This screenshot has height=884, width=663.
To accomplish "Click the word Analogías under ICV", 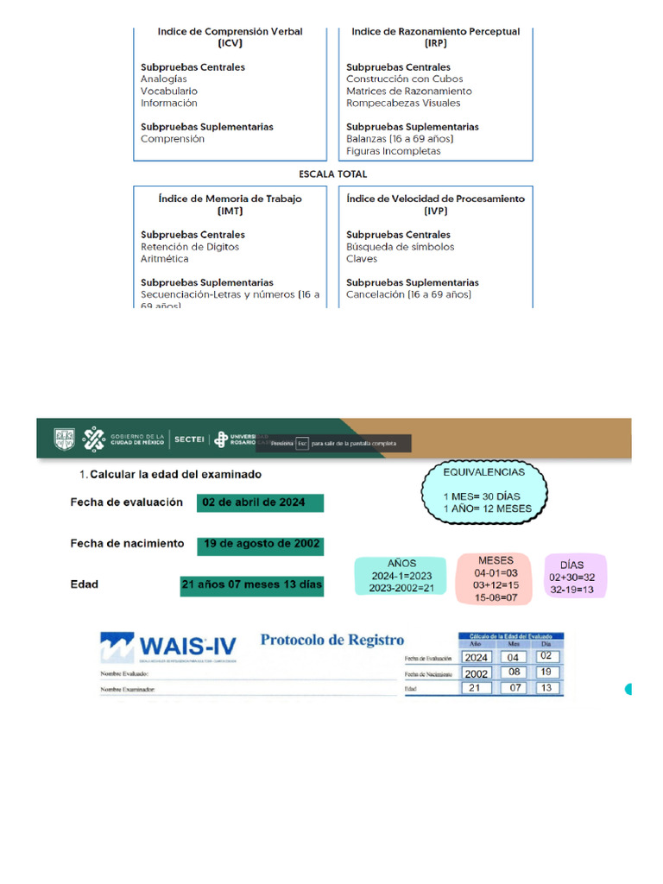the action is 164,79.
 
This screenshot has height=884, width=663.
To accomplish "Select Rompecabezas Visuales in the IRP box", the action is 403,104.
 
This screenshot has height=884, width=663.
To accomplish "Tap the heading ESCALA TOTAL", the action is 332,174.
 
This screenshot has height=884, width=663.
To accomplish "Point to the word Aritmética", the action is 164,259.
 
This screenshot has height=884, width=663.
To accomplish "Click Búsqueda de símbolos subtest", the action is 400,247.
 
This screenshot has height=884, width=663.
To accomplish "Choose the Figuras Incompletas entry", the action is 393,151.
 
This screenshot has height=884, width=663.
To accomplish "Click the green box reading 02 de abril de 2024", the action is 260,502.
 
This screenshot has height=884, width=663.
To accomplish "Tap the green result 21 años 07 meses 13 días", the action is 252,584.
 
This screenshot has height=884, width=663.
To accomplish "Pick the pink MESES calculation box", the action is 496,578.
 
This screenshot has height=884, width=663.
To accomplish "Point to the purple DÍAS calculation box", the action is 577,577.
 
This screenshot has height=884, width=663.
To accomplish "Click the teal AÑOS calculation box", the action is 401,576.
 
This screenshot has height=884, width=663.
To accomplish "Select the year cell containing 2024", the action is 476,657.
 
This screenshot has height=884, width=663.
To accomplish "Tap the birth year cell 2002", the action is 476,673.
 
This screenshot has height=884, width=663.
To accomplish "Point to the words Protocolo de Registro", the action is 331,641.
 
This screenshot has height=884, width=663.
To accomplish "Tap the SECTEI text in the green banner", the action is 189,439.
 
